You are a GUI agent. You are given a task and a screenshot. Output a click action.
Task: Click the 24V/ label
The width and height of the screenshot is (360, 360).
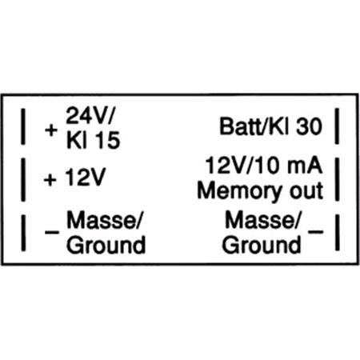coord(90,115)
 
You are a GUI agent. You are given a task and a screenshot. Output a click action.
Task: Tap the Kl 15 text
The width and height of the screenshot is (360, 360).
coord(93,140)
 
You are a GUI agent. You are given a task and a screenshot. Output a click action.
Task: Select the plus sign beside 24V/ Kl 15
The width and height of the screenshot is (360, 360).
coord(51,130)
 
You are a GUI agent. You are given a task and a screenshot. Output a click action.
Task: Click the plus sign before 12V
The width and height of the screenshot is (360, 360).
coord(50,180)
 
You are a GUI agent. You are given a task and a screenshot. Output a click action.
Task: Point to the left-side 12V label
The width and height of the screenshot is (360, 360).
coord(86,177)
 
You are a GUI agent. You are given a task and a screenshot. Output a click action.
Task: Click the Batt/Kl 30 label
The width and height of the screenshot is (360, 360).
coord(270,126)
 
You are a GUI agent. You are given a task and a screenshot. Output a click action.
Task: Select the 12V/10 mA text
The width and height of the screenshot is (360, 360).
coord(264,166)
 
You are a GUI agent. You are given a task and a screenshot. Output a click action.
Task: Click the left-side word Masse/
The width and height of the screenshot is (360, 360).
coord(103,220)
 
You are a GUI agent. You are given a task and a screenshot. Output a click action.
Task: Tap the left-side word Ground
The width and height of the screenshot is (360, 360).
coord(106,245)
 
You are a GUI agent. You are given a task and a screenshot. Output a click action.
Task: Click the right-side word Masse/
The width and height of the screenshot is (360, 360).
coord(262,220)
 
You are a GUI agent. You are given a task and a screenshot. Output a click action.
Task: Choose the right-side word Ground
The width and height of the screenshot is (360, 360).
coord(262,245)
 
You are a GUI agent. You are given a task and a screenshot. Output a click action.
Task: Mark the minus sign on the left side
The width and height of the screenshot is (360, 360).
coord(52,232)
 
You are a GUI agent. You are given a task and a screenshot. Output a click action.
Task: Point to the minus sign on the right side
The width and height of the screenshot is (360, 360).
coord(315,231)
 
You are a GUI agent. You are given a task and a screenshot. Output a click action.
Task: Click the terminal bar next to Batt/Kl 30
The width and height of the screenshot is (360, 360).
coord(337,126)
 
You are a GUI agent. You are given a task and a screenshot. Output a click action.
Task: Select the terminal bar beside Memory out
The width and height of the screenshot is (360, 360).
coord(337,179)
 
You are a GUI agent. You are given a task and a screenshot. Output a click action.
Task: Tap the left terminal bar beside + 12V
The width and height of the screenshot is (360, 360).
coord(23,179)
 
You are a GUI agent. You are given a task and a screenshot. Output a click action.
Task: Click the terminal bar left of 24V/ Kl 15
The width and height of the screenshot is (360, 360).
coord(23,126)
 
